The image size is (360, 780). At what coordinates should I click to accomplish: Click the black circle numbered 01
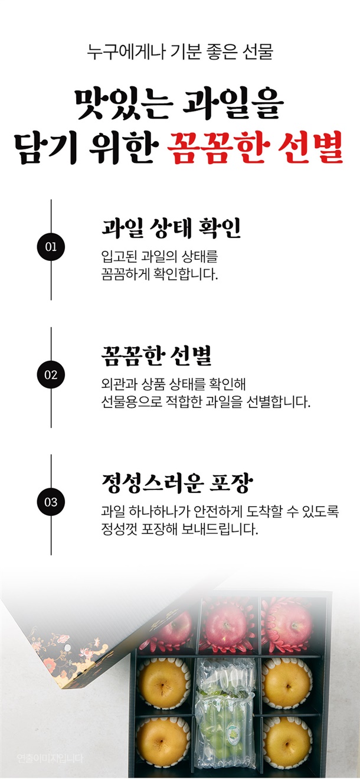51,247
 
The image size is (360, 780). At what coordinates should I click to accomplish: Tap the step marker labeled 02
51,375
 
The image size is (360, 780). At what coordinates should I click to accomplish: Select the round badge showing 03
51,502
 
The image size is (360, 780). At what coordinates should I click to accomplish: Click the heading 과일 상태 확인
171,228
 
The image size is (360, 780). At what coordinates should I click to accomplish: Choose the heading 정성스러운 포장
177,482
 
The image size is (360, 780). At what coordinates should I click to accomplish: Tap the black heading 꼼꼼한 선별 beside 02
156,355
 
